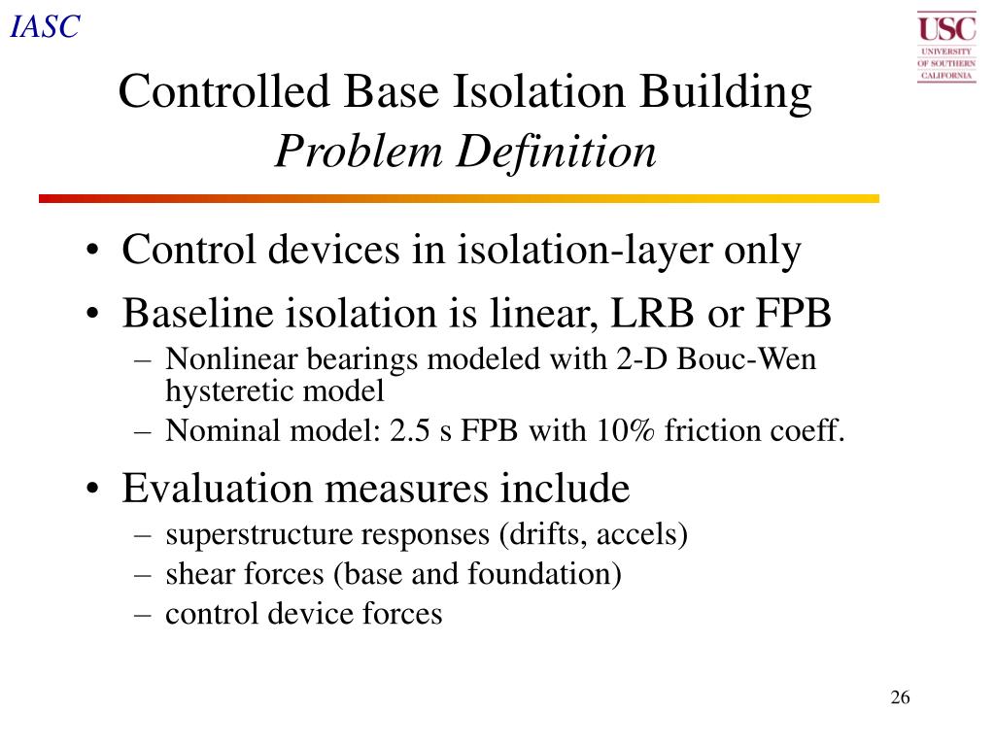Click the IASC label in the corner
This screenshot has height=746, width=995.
point(44,27)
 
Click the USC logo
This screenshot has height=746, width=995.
point(945,46)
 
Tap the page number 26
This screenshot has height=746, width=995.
point(899,698)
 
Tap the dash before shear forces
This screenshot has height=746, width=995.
point(143,575)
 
